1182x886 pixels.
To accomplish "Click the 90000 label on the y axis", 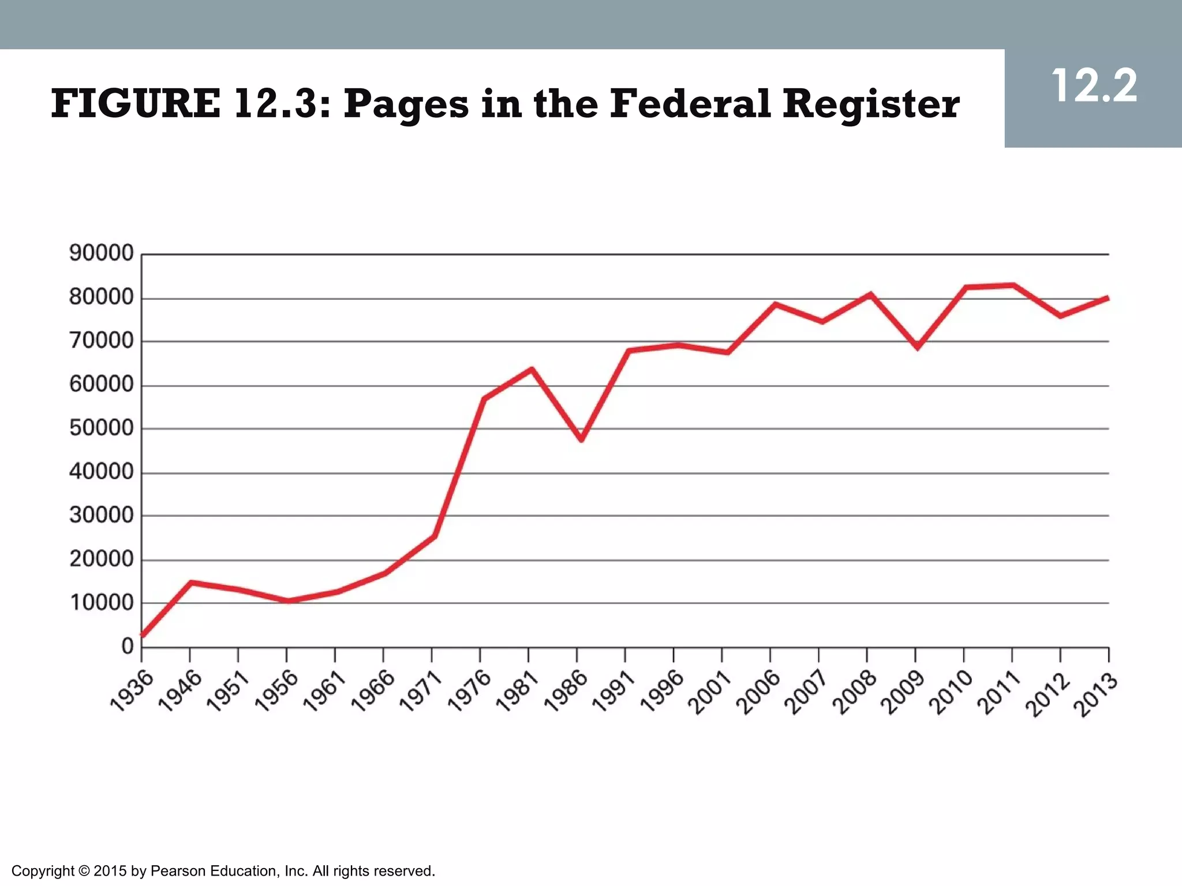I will (101, 253).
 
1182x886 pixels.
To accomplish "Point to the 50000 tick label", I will (101, 428).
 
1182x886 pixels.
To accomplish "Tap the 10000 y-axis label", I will (101, 603).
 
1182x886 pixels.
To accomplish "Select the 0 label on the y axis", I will (128, 647).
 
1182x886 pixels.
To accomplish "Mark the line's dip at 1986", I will (581, 439).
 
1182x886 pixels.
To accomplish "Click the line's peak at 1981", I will (532, 369).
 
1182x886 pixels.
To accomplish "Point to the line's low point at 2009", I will (917, 347).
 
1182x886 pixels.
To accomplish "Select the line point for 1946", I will (191, 583).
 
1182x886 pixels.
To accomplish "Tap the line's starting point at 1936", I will (143, 635).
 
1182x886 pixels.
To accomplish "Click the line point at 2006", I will (775, 304).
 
